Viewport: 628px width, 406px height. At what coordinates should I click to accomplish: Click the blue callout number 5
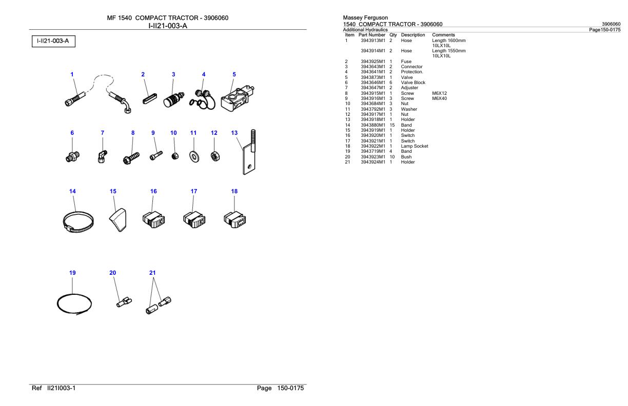click(234, 74)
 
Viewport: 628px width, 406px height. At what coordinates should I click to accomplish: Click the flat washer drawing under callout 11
click(193, 156)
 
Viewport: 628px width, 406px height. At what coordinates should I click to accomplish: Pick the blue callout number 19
click(72, 273)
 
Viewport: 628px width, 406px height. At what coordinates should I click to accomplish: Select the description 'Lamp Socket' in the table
click(415, 146)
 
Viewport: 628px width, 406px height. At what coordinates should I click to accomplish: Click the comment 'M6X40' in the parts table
click(440, 98)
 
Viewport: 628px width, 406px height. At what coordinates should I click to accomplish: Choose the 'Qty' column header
click(394, 35)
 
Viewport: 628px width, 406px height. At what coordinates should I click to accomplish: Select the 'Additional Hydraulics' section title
click(365, 30)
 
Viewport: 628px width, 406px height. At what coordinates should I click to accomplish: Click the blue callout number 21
click(152, 273)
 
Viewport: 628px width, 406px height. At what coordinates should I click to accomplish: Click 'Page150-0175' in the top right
click(605, 30)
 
